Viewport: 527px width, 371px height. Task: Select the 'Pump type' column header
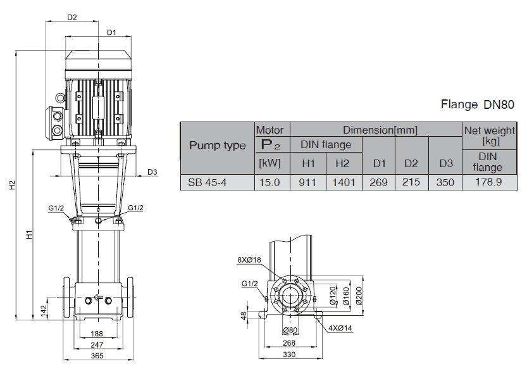tap(218, 146)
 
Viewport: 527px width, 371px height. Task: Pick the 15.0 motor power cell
tap(272, 182)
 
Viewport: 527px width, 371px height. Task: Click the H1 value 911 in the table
tap(308, 182)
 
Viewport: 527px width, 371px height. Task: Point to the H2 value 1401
tap(342, 182)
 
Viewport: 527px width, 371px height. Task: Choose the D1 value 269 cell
tap(379, 182)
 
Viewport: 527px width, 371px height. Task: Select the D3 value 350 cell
tap(445, 182)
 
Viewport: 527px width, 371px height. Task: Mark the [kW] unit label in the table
tap(272, 163)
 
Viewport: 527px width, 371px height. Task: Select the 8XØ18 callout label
tap(249, 260)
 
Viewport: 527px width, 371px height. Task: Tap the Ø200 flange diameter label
tap(359, 296)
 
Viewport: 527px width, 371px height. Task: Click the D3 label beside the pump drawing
tap(152, 172)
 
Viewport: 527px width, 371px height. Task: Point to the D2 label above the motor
tap(72, 17)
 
